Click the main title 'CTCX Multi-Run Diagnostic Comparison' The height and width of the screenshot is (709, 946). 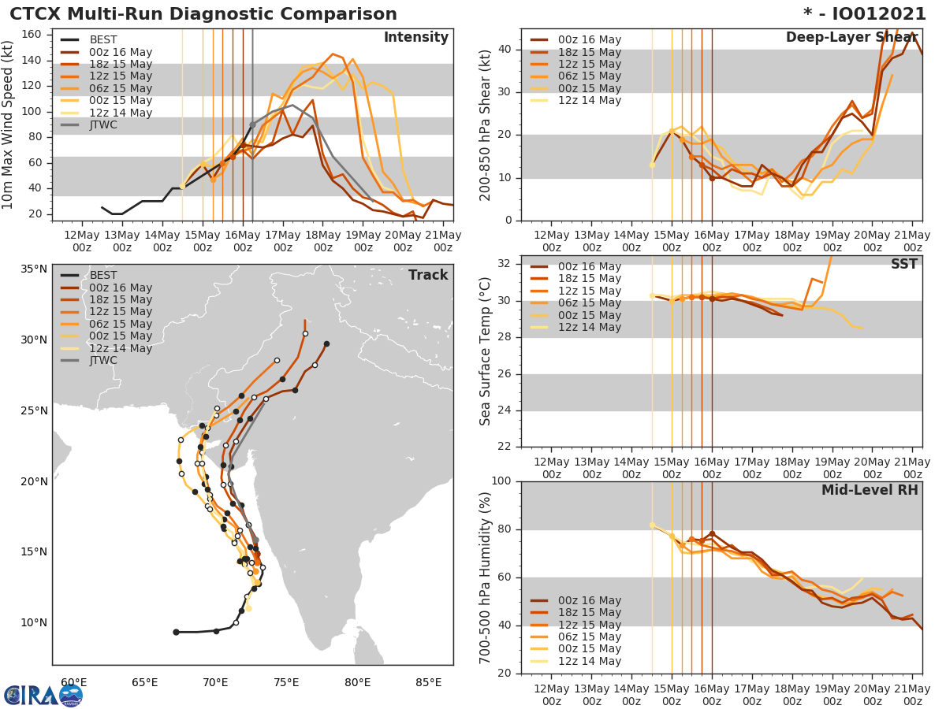(x=203, y=14)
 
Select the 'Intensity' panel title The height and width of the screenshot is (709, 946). (x=415, y=38)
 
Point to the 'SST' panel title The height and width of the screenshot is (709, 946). (x=903, y=265)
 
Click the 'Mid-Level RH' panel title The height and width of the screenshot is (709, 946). (x=870, y=490)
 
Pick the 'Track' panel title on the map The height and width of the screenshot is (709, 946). (x=428, y=275)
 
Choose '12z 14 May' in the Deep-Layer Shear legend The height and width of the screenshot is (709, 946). (x=590, y=100)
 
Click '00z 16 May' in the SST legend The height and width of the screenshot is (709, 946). (x=590, y=267)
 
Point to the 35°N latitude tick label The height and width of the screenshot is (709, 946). (x=34, y=269)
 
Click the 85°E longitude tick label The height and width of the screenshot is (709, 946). (x=428, y=682)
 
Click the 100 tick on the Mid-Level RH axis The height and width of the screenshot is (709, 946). (x=503, y=481)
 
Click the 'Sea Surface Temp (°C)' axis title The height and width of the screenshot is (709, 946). (x=486, y=351)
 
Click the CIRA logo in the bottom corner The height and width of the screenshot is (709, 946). (x=43, y=694)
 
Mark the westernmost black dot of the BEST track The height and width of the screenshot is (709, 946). (x=176, y=632)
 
